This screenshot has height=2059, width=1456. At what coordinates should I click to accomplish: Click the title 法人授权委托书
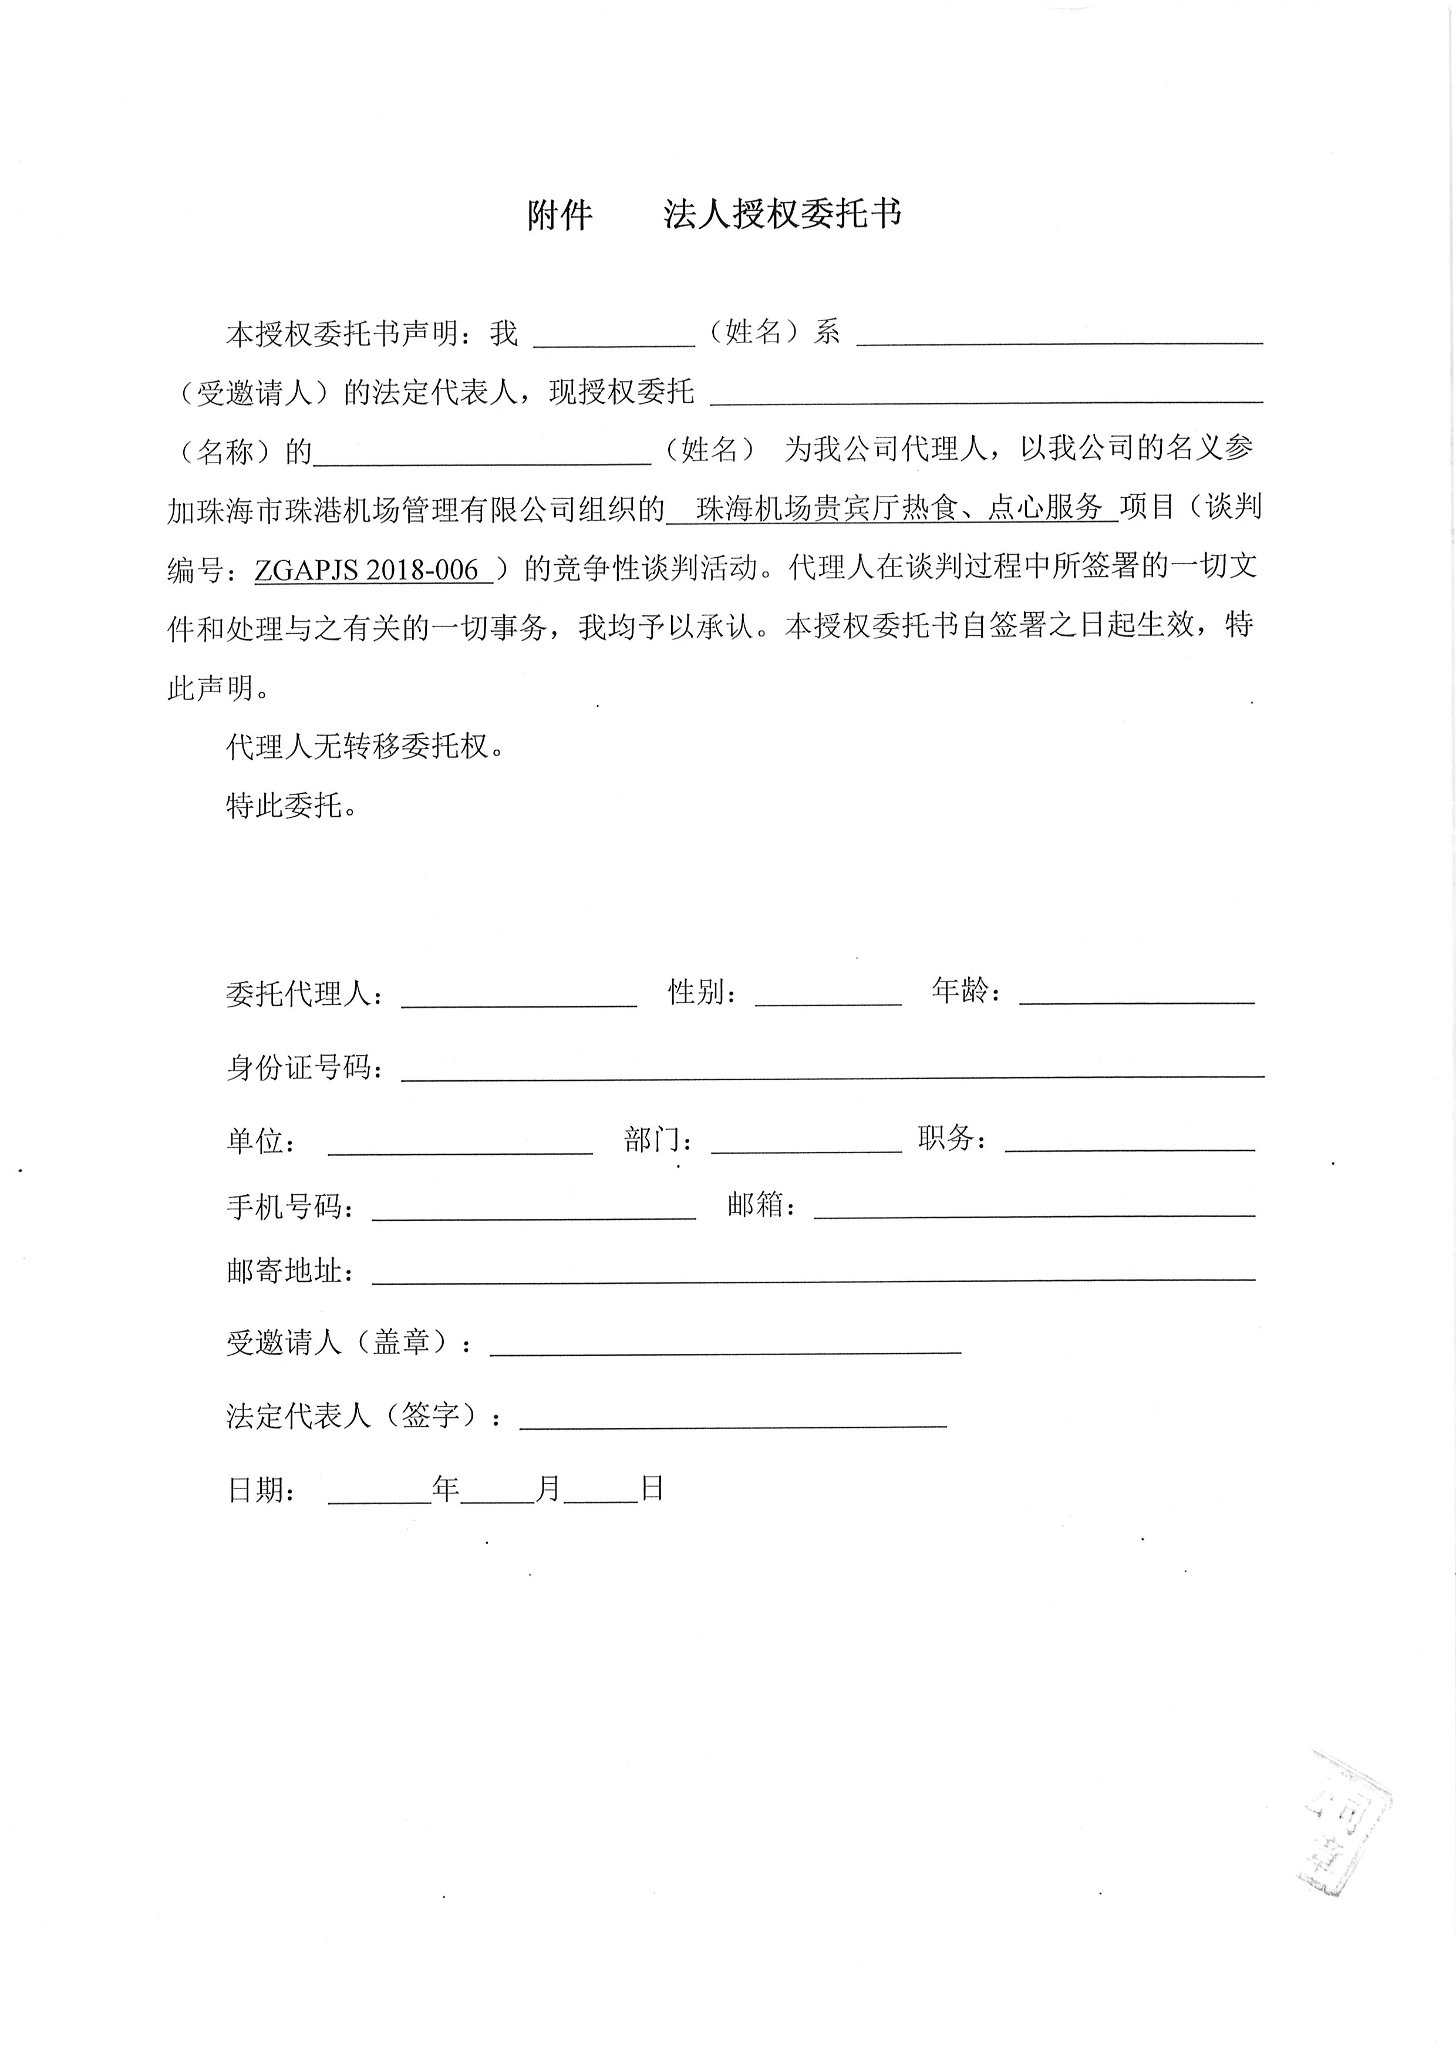coord(782,214)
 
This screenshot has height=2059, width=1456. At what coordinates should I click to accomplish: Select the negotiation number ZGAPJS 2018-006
coord(367,569)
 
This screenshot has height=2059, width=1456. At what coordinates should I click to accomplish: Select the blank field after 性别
coord(828,995)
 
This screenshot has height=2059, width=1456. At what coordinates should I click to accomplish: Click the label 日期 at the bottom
coord(261,1491)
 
